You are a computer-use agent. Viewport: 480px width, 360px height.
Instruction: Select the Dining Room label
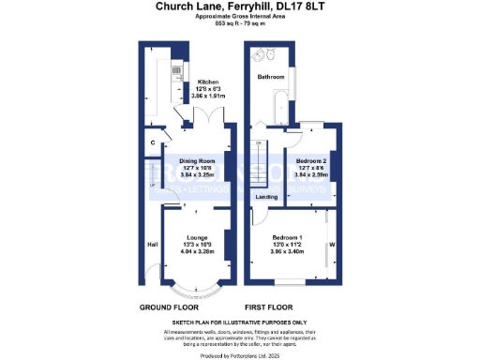197,159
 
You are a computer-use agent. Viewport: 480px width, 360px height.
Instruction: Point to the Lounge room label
197,237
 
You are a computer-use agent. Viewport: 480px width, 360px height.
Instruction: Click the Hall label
152,245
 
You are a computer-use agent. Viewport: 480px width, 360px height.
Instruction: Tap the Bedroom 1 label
289,237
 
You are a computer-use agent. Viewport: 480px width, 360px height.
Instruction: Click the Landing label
266,198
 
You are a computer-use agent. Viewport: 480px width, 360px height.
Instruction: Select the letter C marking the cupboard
153,143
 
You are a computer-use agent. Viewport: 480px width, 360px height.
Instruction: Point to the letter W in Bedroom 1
333,247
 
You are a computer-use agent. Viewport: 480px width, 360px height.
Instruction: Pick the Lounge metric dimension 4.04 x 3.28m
197,251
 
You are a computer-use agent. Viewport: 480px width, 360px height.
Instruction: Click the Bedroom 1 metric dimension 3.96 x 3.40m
289,251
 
